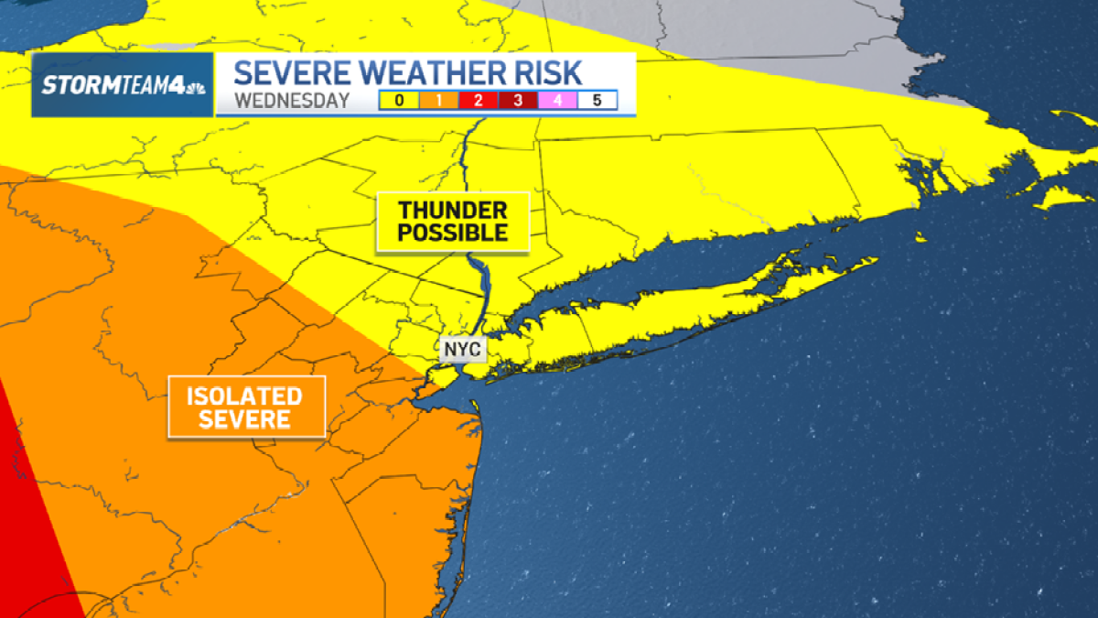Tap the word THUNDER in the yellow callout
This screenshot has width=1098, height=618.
pyautogui.click(x=453, y=210)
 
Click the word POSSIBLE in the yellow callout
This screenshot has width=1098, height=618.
pyautogui.click(x=453, y=233)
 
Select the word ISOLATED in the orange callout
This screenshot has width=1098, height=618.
pyautogui.click(x=245, y=396)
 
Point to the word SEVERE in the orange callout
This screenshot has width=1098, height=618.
pyautogui.click(x=245, y=420)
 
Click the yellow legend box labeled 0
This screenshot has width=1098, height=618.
pyautogui.click(x=399, y=100)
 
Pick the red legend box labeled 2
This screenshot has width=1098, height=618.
pyautogui.click(x=479, y=100)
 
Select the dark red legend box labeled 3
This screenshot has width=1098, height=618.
pyautogui.click(x=518, y=100)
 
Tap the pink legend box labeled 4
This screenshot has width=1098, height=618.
pyautogui.click(x=557, y=100)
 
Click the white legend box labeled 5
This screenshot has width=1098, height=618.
pyautogui.click(x=597, y=100)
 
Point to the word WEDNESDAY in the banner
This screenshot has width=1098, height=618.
pyautogui.click(x=291, y=100)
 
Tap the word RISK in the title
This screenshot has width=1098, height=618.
pyautogui.click(x=574, y=73)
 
